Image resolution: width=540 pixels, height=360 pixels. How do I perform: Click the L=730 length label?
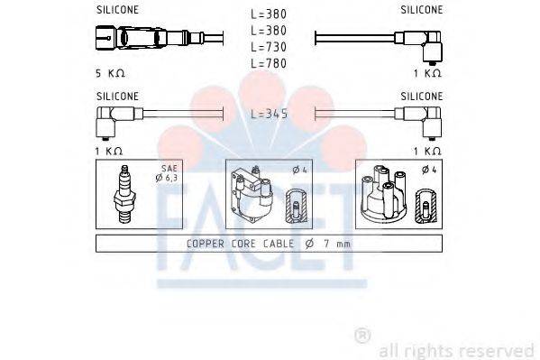click(x=270, y=47)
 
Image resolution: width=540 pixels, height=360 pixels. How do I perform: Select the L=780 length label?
click(x=270, y=63)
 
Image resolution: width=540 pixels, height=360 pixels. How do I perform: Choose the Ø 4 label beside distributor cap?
click(x=428, y=170)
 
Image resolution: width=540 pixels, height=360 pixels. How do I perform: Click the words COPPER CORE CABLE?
click(x=239, y=244)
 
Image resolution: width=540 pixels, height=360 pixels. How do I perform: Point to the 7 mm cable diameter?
click(x=335, y=244)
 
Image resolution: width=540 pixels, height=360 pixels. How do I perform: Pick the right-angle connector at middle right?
click(x=422, y=115)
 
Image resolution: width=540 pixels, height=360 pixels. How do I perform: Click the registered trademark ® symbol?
click(x=362, y=336)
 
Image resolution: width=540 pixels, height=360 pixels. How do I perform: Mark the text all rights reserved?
click(x=456, y=350)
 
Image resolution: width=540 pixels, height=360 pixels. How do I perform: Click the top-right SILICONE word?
click(x=422, y=10)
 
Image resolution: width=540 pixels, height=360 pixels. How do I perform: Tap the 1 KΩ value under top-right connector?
click(x=427, y=72)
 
